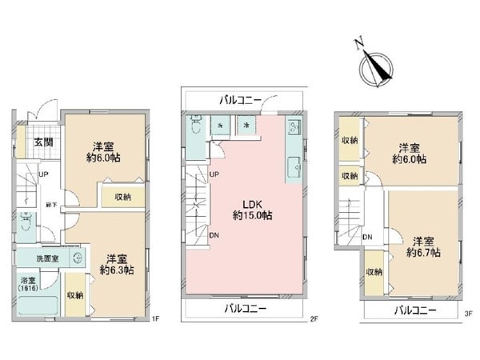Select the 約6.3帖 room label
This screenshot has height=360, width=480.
point(118,264)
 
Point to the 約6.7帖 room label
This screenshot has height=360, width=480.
point(422,246)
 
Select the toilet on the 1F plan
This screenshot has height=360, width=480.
point(26,222)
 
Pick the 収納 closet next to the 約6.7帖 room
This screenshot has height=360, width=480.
point(374,272)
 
